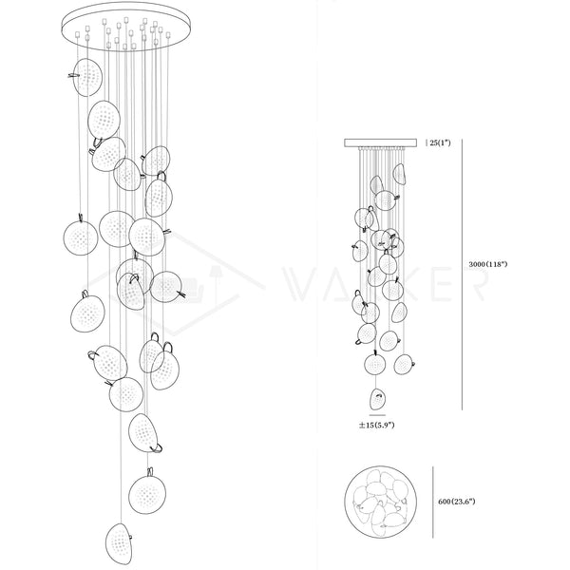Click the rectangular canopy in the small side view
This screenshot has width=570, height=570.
[381, 143]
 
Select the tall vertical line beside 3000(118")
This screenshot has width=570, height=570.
[463, 275]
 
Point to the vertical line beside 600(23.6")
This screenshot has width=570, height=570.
[434, 498]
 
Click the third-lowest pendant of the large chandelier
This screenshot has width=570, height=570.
[143, 431]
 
